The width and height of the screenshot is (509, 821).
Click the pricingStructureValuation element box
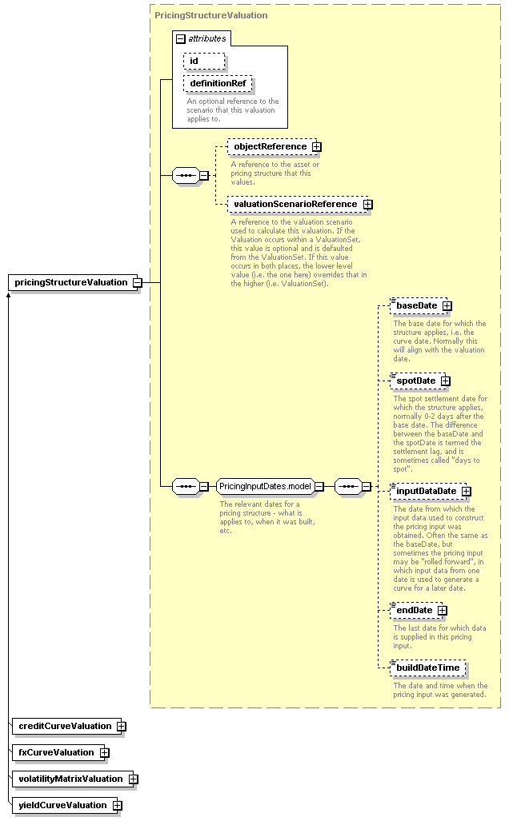(x=73, y=283)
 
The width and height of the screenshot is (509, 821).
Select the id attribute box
(x=204, y=61)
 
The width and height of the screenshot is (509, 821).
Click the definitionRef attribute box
(x=218, y=83)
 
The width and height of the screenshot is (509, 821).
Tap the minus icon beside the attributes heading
(x=181, y=38)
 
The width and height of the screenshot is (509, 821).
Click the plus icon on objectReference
(x=317, y=147)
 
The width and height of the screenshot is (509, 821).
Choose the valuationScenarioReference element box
(x=295, y=204)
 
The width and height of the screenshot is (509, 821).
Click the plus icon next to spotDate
(x=446, y=381)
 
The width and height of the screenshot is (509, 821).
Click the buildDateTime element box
(x=427, y=668)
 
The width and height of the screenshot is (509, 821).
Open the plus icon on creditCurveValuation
(x=122, y=727)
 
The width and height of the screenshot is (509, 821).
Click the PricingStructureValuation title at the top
(x=211, y=15)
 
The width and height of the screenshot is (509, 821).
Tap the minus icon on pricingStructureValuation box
(x=138, y=283)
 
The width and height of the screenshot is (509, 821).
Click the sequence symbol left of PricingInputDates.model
(x=186, y=486)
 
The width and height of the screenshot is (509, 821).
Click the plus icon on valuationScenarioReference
(x=368, y=204)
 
